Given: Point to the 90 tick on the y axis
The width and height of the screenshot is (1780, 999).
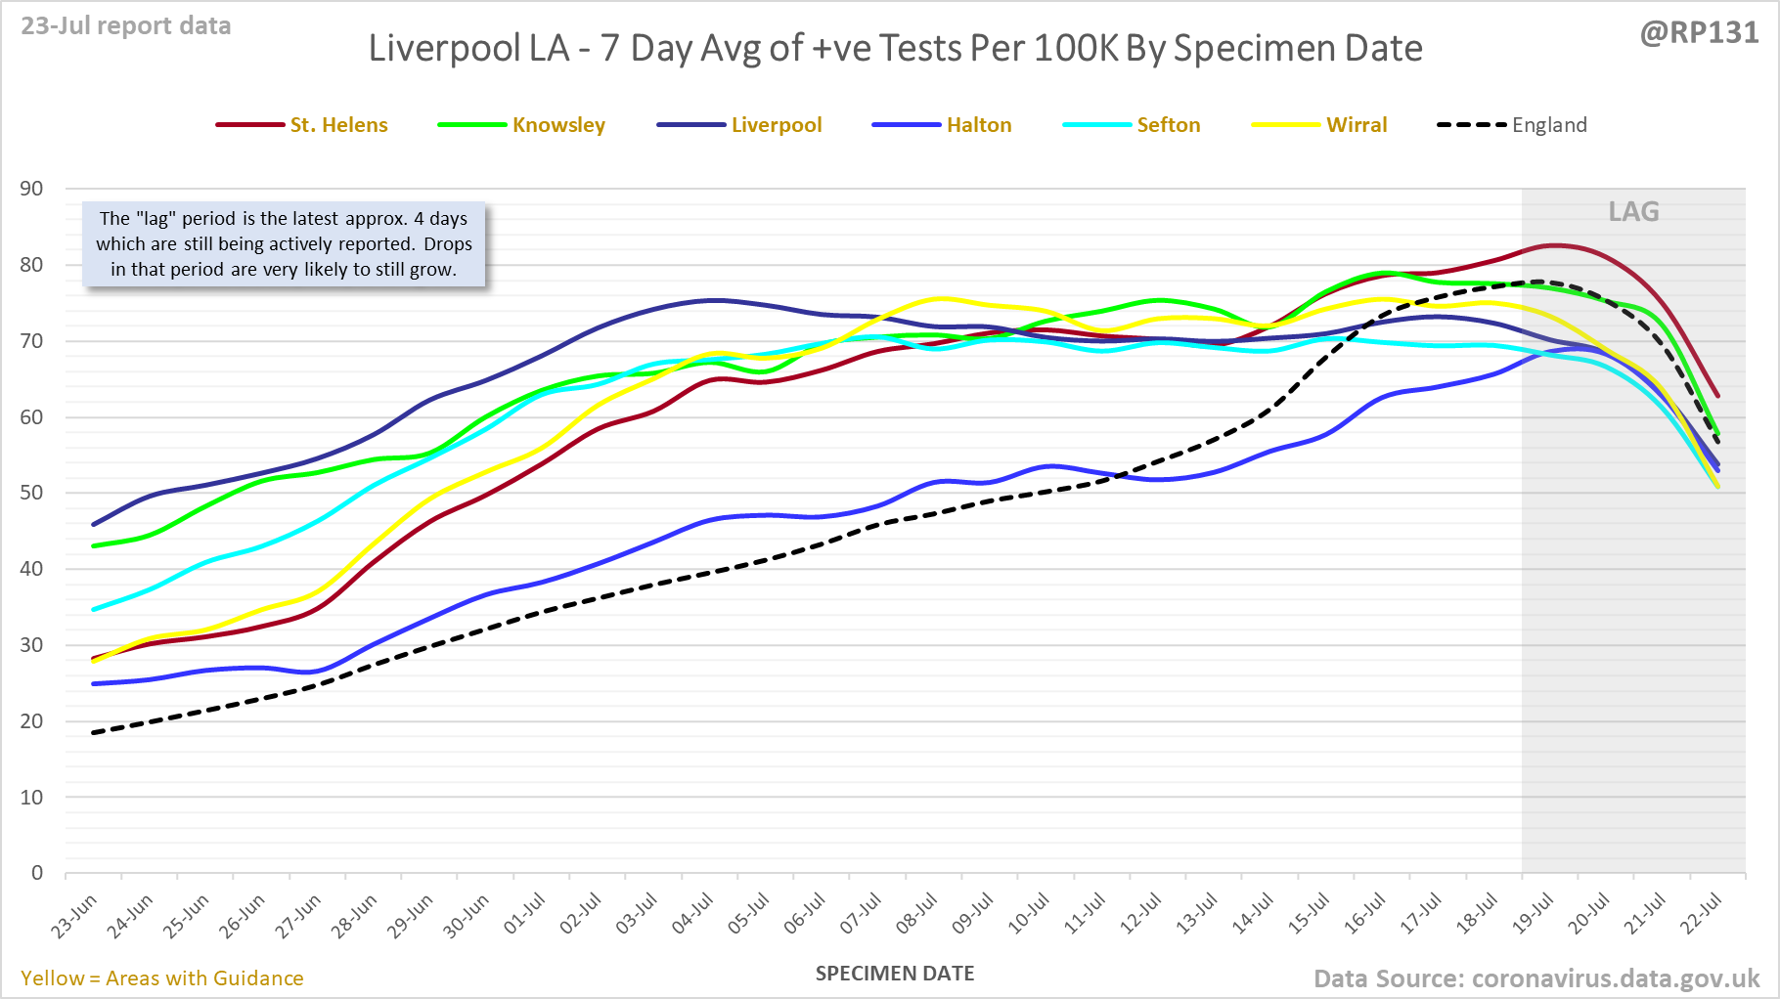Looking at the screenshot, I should (32, 189).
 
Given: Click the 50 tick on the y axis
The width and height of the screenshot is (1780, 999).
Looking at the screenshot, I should (32, 493).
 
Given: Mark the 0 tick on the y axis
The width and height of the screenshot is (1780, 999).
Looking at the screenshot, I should (37, 873).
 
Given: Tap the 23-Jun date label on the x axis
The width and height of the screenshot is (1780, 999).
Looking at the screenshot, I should (75, 916).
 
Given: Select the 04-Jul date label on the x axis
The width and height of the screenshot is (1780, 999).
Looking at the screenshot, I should (693, 916).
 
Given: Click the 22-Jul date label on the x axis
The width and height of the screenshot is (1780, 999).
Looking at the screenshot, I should (1703, 916).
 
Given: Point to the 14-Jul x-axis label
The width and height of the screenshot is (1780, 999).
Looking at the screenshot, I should (1254, 916).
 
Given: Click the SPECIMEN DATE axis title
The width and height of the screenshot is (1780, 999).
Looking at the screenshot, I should (895, 974).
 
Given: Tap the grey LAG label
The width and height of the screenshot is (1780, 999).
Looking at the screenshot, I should (1633, 212).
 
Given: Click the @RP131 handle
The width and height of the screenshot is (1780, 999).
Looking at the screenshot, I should (1699, 33).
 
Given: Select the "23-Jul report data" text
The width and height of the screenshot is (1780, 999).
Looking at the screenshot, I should (126, 26).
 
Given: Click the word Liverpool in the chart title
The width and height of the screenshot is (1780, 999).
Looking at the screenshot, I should (468, 49).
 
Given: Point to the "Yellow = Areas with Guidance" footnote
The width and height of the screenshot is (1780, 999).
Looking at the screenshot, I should (162, 978).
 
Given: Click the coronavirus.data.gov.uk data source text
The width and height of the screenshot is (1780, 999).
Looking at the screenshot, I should (1615, 978).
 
